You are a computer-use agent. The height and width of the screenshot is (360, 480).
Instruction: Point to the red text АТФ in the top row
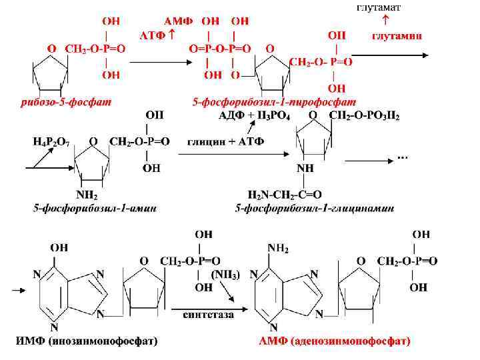153,34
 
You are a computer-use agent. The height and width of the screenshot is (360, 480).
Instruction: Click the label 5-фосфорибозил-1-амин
95,209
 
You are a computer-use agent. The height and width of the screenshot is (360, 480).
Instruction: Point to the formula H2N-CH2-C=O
285,195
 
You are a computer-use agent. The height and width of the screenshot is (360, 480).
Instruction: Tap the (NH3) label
226,275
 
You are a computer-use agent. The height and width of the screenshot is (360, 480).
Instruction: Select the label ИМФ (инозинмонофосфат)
87,341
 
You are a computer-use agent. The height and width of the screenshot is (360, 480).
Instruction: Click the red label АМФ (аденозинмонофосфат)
334,341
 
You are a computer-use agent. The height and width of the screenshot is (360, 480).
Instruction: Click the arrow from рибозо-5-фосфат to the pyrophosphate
158,62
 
